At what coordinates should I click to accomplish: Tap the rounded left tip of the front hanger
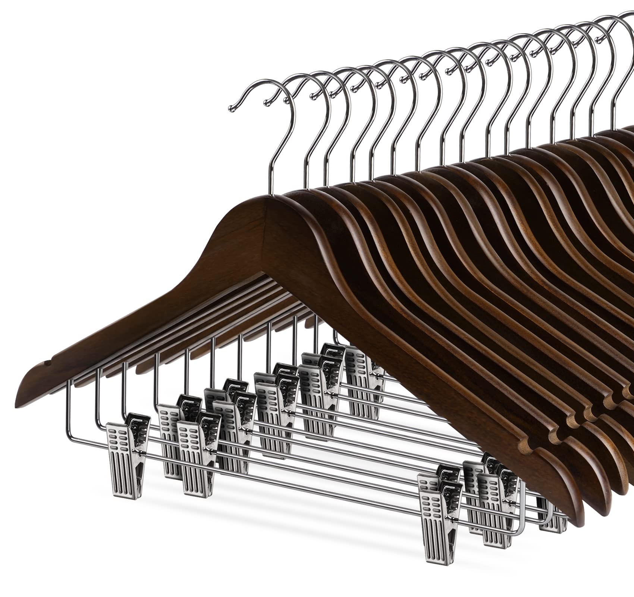19,381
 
